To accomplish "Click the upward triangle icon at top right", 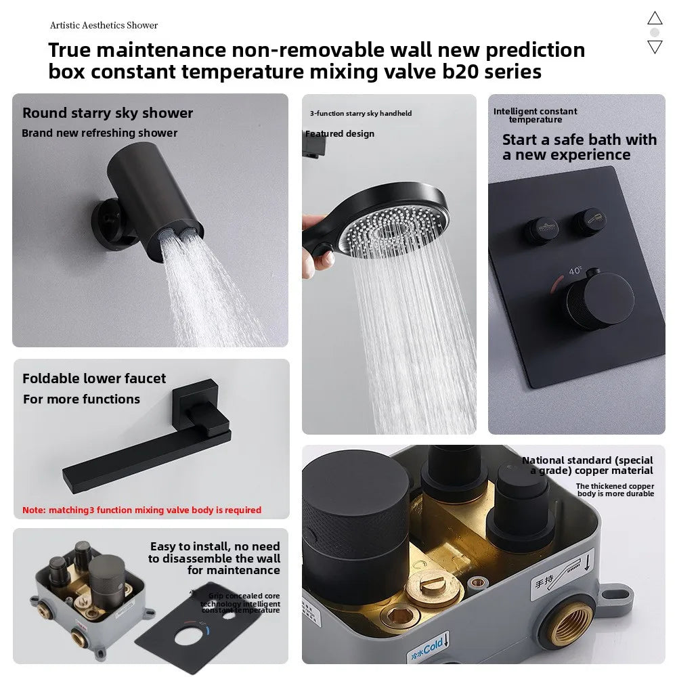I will point(655,18).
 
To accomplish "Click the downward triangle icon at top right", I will point(655,47).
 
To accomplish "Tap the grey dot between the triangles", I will point(655,32).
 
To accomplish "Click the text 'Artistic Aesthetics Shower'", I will point(104,25).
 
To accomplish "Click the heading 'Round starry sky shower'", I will point(108,113).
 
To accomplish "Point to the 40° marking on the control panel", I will point(575,271).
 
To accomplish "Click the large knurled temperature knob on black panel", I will point(594,301).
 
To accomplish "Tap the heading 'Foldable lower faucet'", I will point(94,378).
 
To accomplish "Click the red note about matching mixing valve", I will point(141,510).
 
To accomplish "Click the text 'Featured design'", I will point(340,133).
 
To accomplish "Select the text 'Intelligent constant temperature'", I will point(536,115).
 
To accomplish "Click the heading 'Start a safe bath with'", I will point(580,139).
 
